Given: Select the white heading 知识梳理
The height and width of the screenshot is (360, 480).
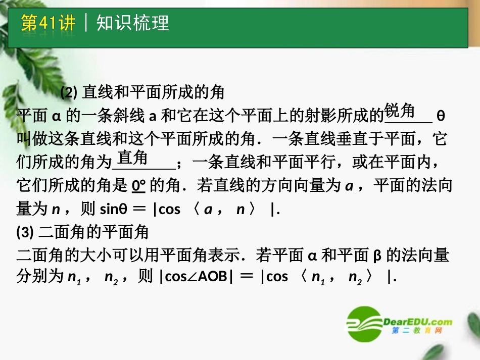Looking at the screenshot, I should [132, 23].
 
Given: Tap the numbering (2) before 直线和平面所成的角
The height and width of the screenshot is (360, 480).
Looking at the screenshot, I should [68, 93].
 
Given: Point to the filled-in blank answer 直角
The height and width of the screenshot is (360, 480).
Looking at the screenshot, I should [133, 158].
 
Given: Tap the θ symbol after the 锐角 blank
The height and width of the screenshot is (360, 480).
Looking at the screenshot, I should [440, 116].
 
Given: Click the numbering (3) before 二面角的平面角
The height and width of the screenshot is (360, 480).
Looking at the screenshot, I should [25, 232].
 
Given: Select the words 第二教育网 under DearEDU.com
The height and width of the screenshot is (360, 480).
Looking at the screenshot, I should [410, 331].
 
